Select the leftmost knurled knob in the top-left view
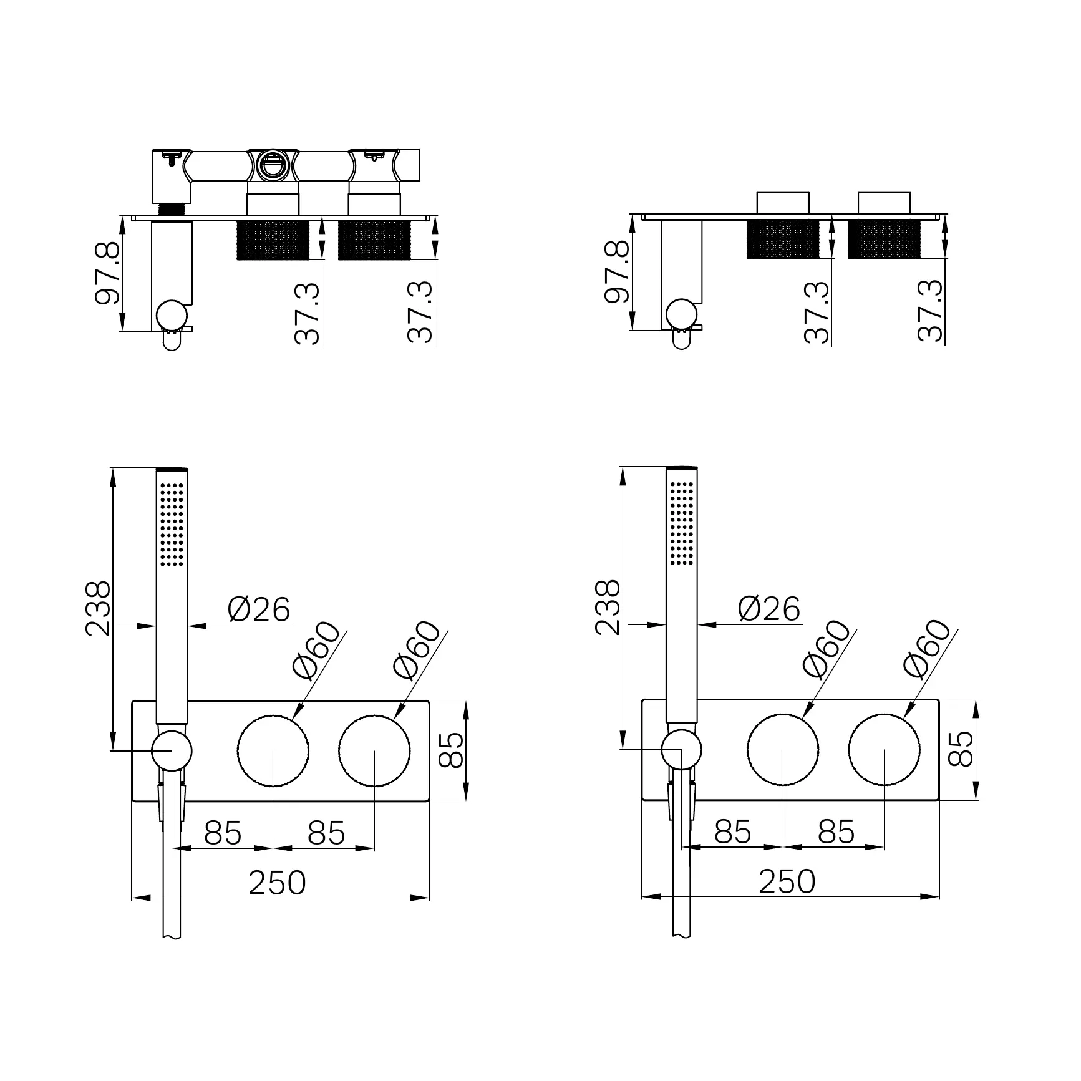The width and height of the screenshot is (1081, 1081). tap(273, 240)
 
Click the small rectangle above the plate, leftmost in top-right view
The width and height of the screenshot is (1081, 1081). tap(782, 203)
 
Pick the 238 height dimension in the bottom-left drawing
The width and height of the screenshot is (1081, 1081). tap(98, 608)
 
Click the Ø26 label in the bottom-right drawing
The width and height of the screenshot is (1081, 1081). tap(768, 609)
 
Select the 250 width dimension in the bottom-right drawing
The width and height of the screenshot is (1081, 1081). tap(787, 881)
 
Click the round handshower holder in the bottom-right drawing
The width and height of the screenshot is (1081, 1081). tap(681, 750)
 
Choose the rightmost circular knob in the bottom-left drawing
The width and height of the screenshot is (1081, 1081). tap(375, 751)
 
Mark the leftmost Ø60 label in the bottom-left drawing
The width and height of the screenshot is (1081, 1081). tap(317, 651)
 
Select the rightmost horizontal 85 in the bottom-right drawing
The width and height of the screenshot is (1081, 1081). tap(836, 831)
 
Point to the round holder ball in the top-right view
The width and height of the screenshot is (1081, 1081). tap(681, 314)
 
